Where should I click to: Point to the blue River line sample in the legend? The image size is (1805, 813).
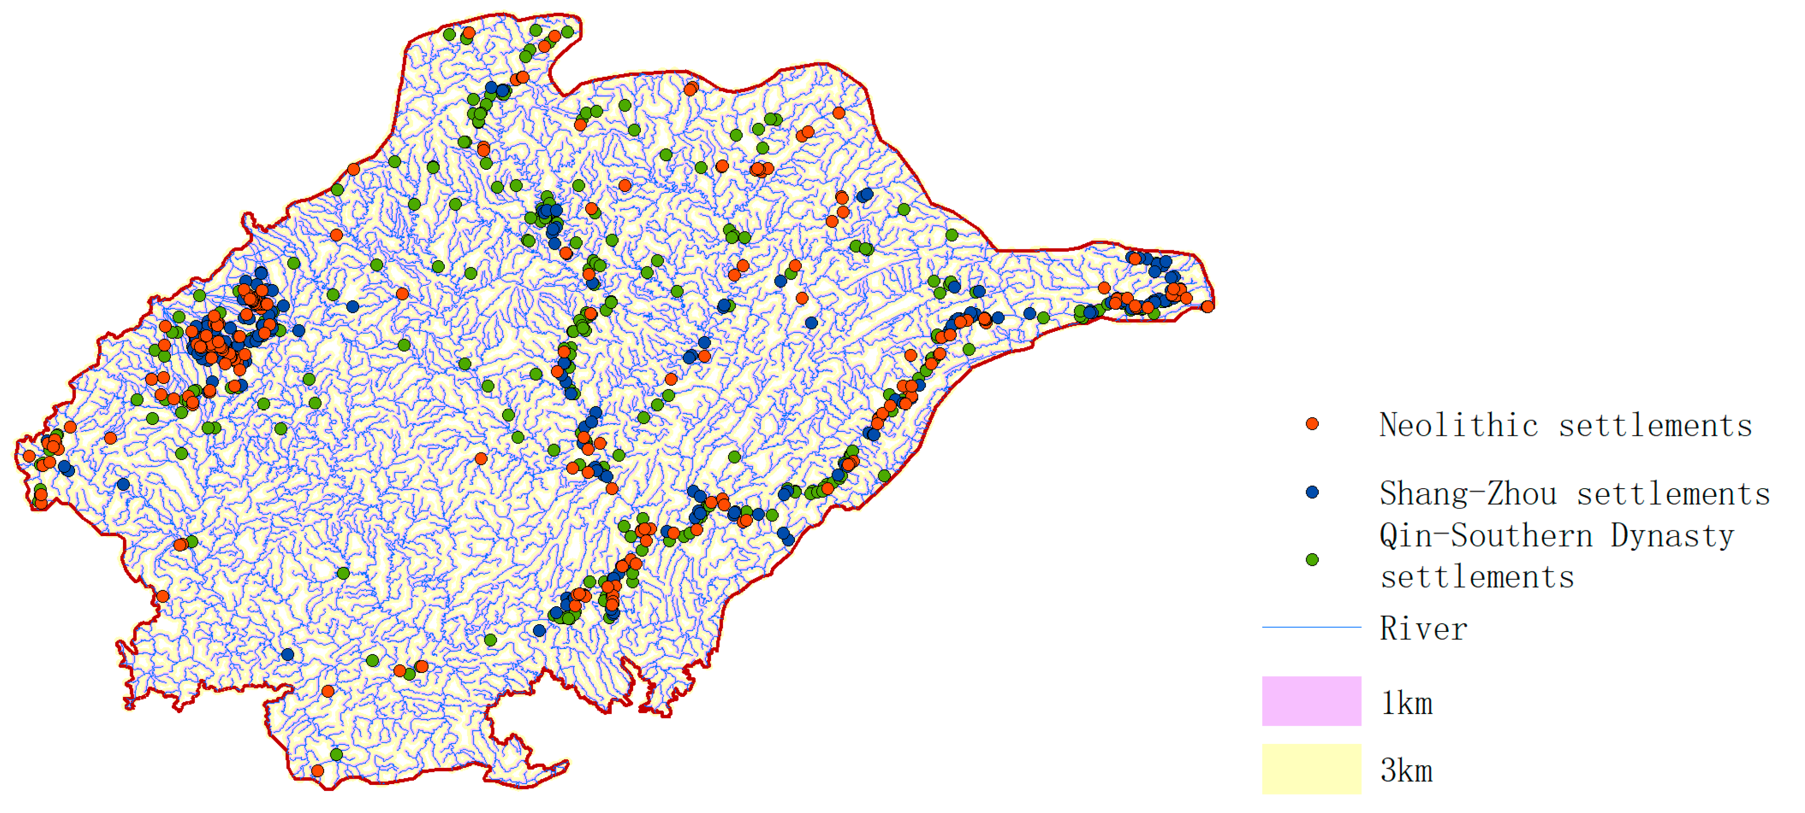(1311, 627)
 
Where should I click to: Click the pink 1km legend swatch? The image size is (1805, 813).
(1311, 701)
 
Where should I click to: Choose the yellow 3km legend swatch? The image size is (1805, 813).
(1311, 769)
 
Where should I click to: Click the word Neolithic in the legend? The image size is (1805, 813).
(1459, 425)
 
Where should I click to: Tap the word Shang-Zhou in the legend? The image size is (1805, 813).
(1468, 494)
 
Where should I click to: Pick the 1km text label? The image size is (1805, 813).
(1406, 702)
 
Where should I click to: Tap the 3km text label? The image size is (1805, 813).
(1406, 770)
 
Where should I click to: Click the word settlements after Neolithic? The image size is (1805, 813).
(1655, 425)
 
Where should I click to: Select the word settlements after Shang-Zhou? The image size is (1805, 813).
(1673, 494)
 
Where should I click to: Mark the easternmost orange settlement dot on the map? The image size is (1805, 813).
(1207, 306)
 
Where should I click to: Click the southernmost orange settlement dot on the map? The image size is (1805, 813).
(317, 770)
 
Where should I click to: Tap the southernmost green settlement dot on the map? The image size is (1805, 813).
(336, 754)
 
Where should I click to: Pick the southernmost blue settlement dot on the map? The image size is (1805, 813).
(287, 654)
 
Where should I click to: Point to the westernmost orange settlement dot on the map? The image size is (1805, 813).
(29, 456)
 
